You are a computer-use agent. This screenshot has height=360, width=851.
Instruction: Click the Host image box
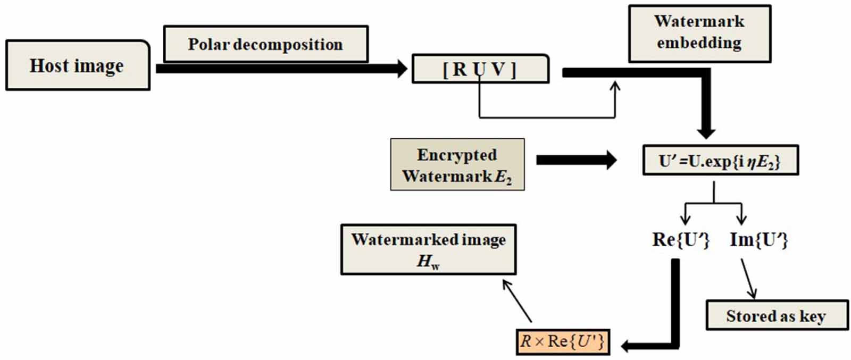[78, 65]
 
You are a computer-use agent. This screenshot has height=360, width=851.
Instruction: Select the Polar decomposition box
[265, 44]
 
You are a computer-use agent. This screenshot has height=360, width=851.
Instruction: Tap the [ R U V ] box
[480, 69]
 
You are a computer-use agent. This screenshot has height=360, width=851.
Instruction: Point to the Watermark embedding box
[699, 34]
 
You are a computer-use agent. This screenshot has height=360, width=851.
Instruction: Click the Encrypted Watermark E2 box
[457, 164]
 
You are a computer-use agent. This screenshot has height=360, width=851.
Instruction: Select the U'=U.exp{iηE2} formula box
[720, 160]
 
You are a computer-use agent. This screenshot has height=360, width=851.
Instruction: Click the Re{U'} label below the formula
[681, 240]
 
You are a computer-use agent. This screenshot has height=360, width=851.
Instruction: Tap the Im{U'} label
[758, 240]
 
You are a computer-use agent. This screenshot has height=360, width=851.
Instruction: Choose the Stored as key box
[776, 316]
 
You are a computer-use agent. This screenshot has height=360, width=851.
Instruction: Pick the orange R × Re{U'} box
[563, 341]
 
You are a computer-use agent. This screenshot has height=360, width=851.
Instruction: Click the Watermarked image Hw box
[428, 249]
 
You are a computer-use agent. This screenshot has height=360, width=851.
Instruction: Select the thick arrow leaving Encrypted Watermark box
[576, 160]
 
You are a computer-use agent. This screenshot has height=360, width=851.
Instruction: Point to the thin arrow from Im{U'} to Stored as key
[748, 279]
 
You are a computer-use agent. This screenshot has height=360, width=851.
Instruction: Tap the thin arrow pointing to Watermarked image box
[517, 301]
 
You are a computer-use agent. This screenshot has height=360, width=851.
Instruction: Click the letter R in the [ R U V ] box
[460, 70]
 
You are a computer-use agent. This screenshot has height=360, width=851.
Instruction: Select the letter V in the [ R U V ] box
[499, 70]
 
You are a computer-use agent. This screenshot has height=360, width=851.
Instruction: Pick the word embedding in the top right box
[699, 43]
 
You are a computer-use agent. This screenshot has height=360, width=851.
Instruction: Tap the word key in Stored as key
[812, 316]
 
